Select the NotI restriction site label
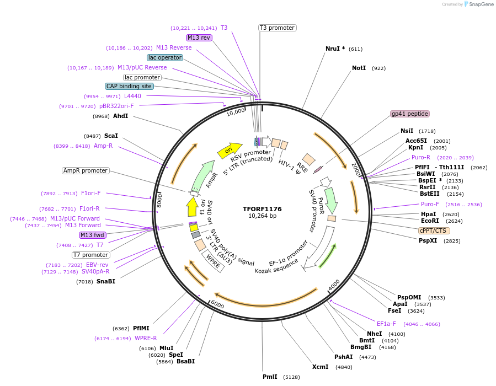359,68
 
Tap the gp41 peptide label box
409,114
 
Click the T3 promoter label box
277,28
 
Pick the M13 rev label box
199,38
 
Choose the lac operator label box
164,57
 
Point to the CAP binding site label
129,87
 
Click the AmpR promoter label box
86,171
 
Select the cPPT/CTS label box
433,231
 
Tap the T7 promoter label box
91,255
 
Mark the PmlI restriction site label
270,377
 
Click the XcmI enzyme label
320,367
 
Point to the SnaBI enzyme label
105,282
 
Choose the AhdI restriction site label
120,116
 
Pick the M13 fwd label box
92,235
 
